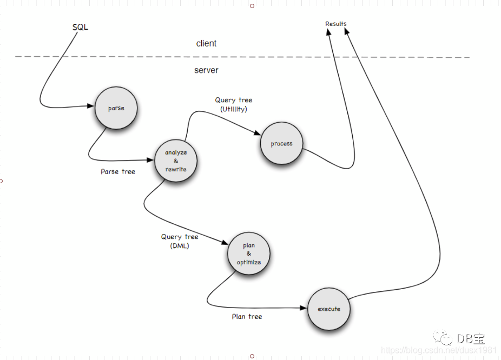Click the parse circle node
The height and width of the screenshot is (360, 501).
[116, 109]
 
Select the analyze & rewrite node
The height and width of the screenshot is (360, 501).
[175, 161]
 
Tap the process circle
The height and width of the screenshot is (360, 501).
[281, 144]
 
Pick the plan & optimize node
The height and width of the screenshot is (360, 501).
[248, 254]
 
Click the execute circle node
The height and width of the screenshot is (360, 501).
[329, 309]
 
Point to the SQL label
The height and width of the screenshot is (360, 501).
[80, 27]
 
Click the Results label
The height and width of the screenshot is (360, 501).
[336, 24]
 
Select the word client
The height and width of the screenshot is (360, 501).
[206, 43]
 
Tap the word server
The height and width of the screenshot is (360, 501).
[206, 70]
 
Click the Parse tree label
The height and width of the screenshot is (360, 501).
[118, 172]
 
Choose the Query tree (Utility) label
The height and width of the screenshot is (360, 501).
[234, 104]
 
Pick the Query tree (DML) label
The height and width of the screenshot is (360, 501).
[180, 241]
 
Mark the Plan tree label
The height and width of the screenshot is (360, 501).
[247, 317]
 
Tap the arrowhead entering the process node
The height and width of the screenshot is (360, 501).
[258, 135]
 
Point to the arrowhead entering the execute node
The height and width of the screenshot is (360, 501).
[304, 308]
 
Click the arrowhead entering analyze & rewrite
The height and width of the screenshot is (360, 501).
[151, 159]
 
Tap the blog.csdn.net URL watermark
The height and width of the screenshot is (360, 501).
[439, 350]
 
